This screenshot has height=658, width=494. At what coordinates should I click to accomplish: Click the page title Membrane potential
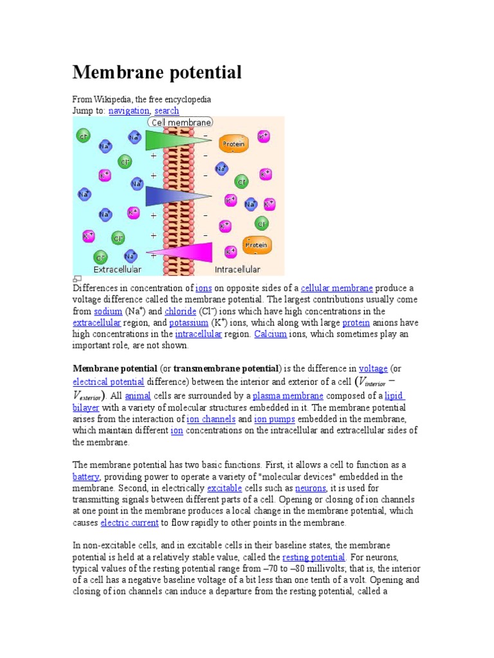(157, 73)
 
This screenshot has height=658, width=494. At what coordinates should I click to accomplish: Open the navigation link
(129, 111)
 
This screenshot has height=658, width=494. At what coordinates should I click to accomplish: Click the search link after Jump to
(167, 111)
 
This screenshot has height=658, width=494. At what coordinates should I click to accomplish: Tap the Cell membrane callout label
(181, 122)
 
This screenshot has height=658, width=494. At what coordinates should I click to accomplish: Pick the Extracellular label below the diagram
(118, 269)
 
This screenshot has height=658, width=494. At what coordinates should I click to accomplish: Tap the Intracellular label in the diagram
(237, 269)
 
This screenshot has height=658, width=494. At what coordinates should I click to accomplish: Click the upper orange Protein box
(233, 145)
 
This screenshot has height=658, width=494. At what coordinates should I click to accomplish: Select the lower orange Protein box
(256, 245)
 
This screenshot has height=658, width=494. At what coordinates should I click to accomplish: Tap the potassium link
(189, 323)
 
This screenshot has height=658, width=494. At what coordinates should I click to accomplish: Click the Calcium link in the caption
(270, 335)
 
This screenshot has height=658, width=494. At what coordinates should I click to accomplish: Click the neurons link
(311, 489)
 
